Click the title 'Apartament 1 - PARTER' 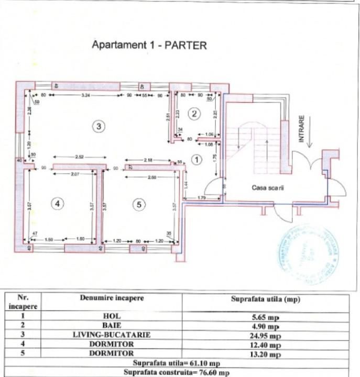149,45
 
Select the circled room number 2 194,113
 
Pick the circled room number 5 139,205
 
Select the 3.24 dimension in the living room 86,95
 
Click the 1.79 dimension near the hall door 201,197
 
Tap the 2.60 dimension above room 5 151,177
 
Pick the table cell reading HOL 112,316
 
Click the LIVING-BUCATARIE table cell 112,335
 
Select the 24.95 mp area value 265,336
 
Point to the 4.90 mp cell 265,326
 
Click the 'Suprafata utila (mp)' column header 265,300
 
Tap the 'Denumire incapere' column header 112,298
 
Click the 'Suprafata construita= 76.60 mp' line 181,372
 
